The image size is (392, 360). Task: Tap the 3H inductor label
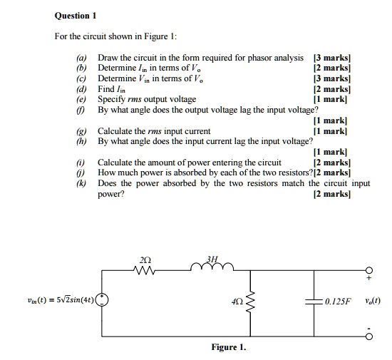(x=208, y=259)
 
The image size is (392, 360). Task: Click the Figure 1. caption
(x=228, y=347)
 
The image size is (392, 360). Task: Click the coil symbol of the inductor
(x=210, y=269)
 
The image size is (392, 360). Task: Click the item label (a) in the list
(x=83, y=56)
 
